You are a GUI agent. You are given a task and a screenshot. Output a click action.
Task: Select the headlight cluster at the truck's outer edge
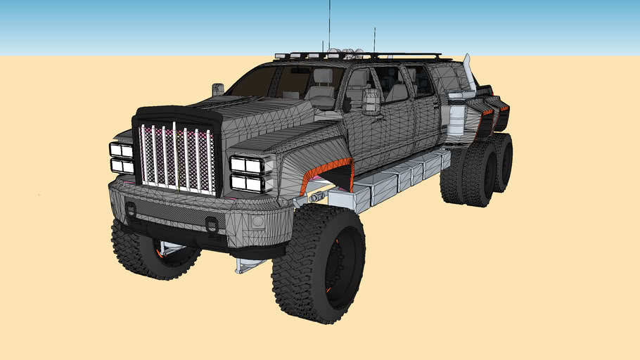(121, 157)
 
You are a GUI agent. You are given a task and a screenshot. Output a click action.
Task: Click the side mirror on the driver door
(371, 102)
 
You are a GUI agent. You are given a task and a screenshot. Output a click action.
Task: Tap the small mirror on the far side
(218, 89)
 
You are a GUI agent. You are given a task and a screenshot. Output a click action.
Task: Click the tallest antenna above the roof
(329, 25)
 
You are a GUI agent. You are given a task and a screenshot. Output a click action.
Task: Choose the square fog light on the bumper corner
(257, 222)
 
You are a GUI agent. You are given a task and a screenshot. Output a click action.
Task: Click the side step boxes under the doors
(401, 179)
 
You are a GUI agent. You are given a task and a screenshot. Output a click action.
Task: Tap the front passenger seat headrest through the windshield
(323, 76)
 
